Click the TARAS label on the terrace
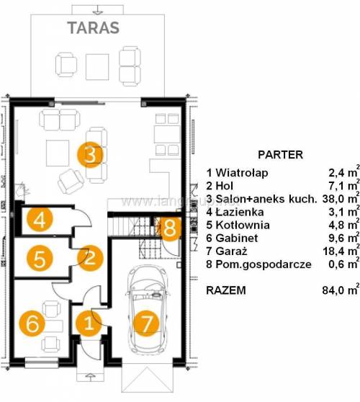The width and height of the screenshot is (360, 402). [94, 28]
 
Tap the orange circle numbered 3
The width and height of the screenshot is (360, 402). [90, 155]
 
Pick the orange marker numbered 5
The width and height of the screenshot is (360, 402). [40, 259]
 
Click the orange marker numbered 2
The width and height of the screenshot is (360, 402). [90, 258]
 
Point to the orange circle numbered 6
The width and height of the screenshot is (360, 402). [32, 323]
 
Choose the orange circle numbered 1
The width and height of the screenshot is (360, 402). [89, 323]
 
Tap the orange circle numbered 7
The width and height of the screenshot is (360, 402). [147, 323]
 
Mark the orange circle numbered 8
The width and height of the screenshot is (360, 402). [170, 228]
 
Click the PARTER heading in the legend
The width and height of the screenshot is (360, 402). [280, 155]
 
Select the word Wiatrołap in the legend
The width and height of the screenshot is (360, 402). [242, 173]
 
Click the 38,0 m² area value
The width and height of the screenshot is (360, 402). [341, 198]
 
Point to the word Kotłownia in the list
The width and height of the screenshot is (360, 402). [243, 225]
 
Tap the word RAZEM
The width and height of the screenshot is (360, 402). [226, 290]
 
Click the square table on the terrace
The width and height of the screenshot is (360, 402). [97, 67]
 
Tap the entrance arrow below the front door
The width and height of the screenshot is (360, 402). [89, 376]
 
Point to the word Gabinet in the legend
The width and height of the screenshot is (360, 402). [236, 238]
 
